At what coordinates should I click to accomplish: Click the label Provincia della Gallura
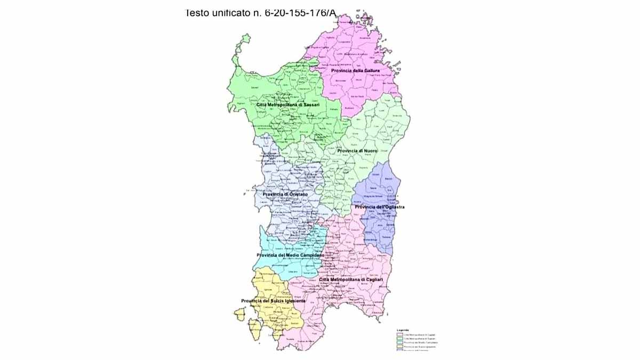click(x=355, y=70)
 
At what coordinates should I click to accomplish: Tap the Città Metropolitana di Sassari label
click(x=288, y=105)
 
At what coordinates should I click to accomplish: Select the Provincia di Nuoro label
click(x=357, y=151)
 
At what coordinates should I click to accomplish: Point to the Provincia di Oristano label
click(x=285, y=194)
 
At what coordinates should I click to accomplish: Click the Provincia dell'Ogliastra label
click(x=380, y=207)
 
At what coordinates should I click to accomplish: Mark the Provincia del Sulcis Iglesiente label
click(x=273, y=301)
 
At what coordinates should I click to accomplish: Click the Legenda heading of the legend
click(x=403, y=330)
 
